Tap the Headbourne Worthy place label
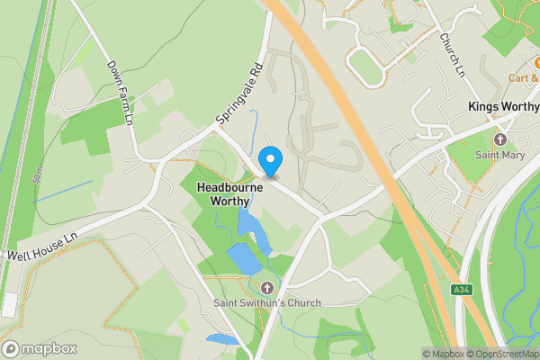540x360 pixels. [x=224, y=193]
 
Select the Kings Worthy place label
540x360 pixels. [x=502, y=106]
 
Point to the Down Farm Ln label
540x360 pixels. [x=120, y=93]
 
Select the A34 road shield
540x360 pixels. [x=461, y=289]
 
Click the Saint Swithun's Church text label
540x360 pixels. [x=266, y=303]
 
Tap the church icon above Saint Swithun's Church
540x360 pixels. [x=266, y=288]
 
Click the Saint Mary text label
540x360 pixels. [x=501, y=155]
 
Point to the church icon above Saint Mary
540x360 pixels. [x=501, y=139]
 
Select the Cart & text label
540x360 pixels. [x=519, y=77]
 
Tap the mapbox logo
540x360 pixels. [x=38, y=348]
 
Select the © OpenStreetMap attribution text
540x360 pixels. [x=508, y=354]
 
